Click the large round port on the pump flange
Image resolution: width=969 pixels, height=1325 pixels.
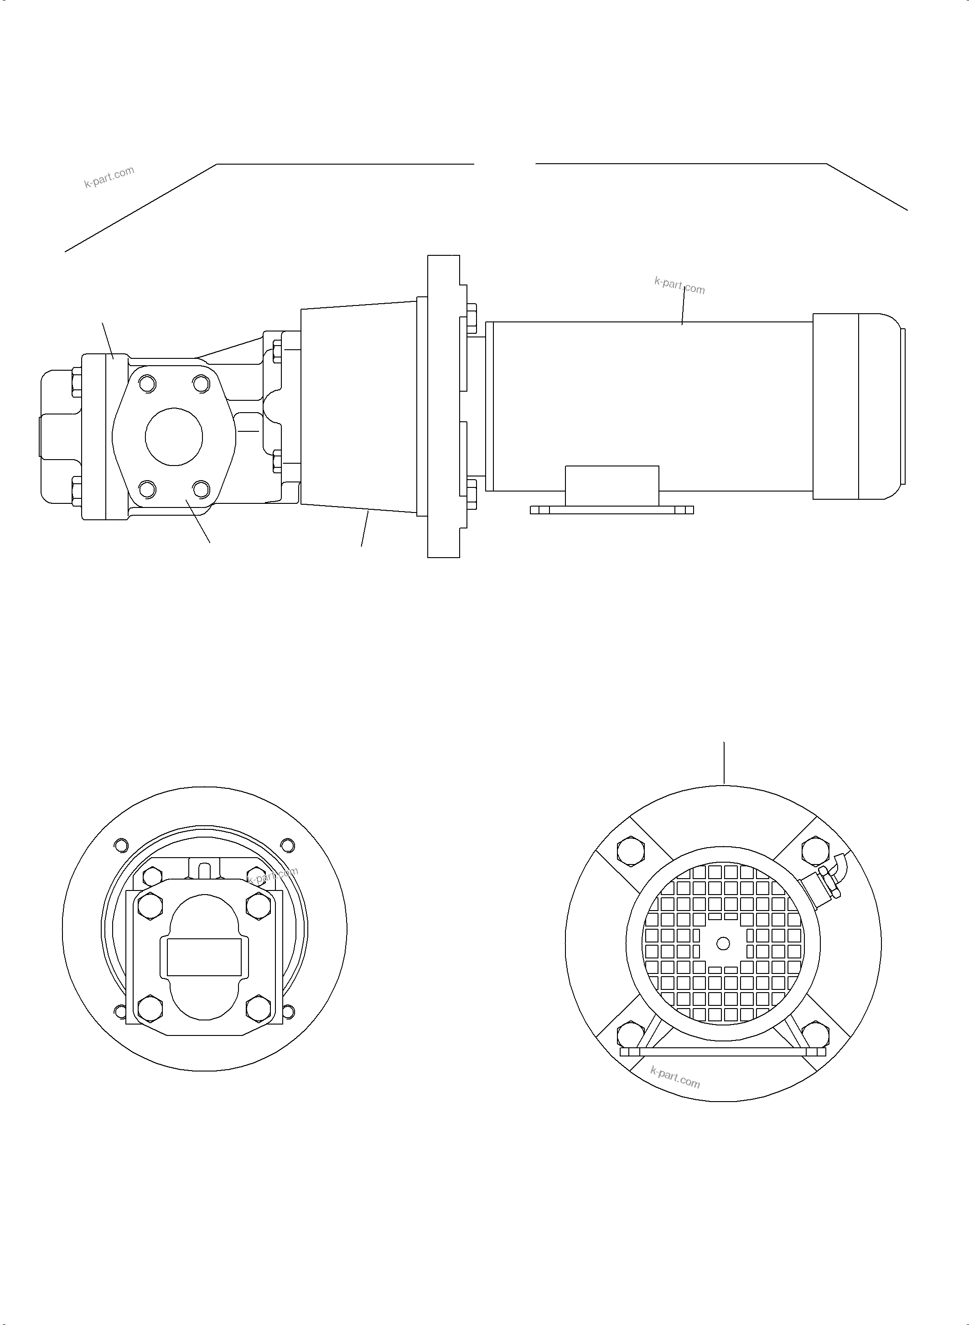point(174,436)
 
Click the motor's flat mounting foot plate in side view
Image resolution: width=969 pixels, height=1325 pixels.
point(612,510)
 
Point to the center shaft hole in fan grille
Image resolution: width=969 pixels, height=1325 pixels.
point(723,943)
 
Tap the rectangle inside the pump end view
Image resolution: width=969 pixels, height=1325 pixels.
point(204,957)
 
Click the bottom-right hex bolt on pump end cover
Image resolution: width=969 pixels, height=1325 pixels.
point(258,1007)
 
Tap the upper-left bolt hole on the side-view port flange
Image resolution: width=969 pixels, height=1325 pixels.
point(147,384)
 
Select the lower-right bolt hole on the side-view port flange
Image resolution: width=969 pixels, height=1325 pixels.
point(201,488)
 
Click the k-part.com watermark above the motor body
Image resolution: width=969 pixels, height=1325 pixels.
point(679,285)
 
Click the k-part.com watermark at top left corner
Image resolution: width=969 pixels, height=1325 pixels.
point(109,176)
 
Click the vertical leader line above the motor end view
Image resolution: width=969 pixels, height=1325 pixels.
point(725,762)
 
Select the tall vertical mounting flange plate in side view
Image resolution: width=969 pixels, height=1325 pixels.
point(443,406)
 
